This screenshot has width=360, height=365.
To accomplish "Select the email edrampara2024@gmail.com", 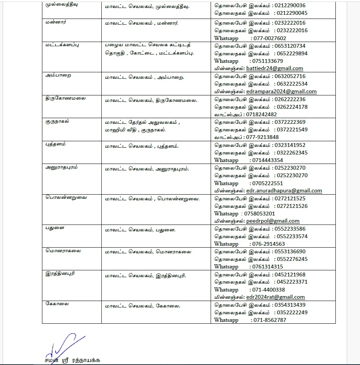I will pyautogui.click(x=281, y=91).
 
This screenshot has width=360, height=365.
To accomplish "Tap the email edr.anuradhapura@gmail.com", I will pyautogui.click(x=284, y=190).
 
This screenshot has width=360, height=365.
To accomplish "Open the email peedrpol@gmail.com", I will pyautogui.click(x=273, y=221).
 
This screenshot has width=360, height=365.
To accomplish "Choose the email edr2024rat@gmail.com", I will pyautogui.click(x=275, y=297).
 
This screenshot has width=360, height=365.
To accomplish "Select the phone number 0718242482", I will pyautogui.click(x=261, y=114).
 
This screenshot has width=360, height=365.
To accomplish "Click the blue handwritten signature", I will pyautogui.click(x=62, y=344).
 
